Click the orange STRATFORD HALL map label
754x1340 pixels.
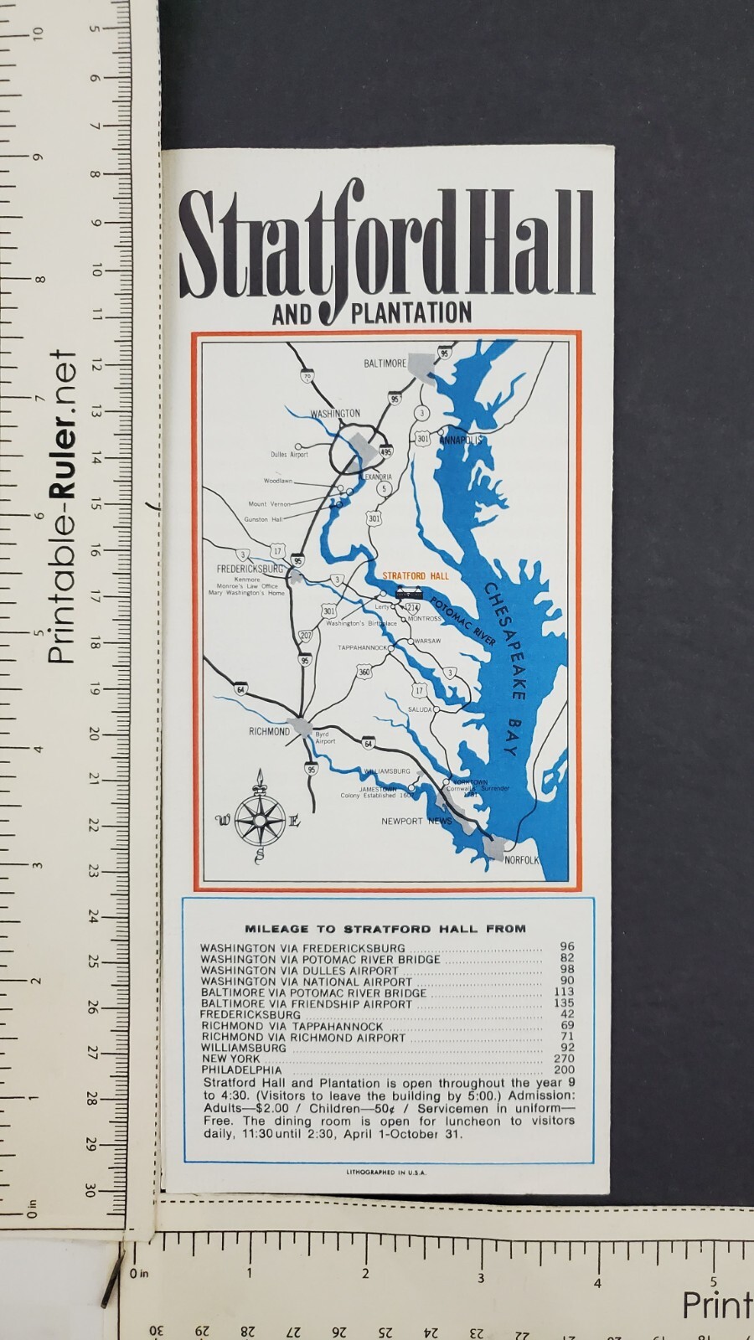[x=415, y=576]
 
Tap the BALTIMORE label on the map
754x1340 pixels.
[x=385, y=363]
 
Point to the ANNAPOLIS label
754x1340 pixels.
[x=461, y=440]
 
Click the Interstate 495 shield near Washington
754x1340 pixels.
[x=385, y=451]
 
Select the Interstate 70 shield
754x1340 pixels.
[x=307, y=377]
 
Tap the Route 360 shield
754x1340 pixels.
[x=364, y=672]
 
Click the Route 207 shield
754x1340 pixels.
[x=306, y=636]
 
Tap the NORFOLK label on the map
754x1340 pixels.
[x=521, y=860]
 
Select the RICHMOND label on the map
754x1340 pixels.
[x=269, y=731]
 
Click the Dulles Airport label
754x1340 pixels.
[x=289, y=455]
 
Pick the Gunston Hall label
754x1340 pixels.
[x=263, y=519]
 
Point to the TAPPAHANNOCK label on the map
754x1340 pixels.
[x=363, y=647]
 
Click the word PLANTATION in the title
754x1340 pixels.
[x=411, y=314]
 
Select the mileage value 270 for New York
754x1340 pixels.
[x=564, y=1059]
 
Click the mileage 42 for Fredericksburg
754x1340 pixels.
[x=567, y=1014]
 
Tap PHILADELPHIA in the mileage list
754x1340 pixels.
[x=241, y=1070]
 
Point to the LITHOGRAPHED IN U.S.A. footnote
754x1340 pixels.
[x=386, y=1172]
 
